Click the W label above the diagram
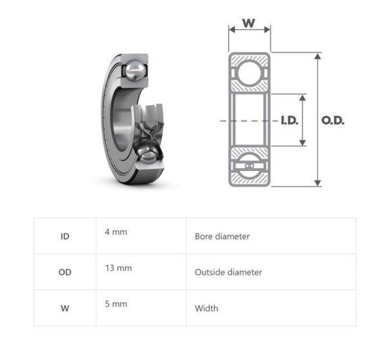[x=248, y=23]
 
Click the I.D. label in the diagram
[x=289, y=121]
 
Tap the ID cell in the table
[x=64, y=236]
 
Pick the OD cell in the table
[x=64, y=272]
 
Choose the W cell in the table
[x=64, y=308]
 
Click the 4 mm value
[x=115, y=232]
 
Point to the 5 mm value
[x=115, y=304]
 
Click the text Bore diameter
[x=222, y=236]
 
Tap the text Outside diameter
[x=228, y=272]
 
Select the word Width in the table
[x=206, y=308]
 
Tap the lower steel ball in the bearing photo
[x=148, y=154]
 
